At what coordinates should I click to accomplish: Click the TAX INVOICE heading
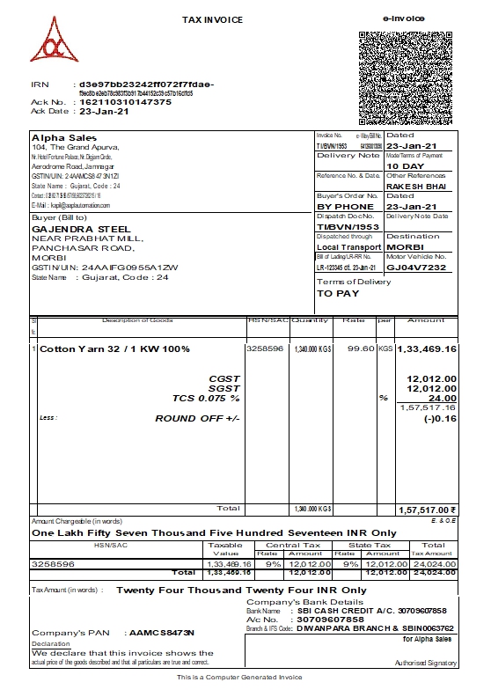212,19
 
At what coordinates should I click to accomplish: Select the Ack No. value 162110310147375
120,102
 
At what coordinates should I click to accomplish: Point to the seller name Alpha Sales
55,137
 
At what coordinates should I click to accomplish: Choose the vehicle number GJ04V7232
416,267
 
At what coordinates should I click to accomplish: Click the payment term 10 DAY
405,165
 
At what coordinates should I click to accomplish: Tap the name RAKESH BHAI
415,187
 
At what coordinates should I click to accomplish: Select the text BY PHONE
345,207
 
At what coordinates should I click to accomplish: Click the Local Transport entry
348,247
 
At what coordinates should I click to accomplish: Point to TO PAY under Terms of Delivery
338,293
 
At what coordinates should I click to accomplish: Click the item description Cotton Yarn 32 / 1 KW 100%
114,349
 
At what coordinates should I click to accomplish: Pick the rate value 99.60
361,349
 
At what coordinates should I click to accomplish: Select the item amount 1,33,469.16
427,349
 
